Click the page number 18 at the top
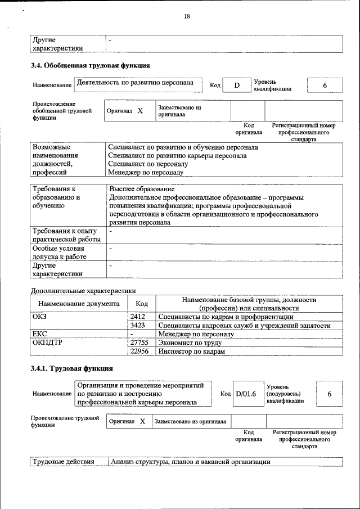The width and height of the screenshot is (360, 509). (187, 17)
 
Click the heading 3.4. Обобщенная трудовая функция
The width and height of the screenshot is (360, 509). (90, 66)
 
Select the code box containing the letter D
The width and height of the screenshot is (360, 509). (237, 85)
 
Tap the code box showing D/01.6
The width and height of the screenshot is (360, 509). (245, 394)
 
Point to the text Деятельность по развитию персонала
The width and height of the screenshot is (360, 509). (135, 83)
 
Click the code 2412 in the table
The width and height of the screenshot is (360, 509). (138, 317)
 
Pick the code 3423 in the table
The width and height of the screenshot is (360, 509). (138, 325)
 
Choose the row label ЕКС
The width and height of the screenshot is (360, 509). (39, 334)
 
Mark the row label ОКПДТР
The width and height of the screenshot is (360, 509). (47, 342)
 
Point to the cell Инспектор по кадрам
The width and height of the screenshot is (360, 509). (192, 350)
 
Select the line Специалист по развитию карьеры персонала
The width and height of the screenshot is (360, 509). (177, 156)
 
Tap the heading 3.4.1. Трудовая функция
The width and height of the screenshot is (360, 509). (72, 369)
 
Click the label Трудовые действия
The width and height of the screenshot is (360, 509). (63, 462)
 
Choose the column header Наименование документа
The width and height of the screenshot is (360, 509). (79, 304)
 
